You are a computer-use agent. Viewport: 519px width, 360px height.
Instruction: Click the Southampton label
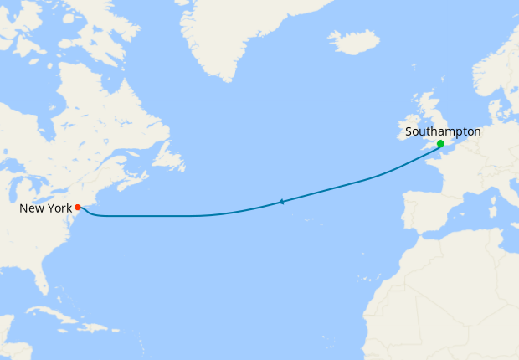443,131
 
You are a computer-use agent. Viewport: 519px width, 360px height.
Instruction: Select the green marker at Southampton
440,144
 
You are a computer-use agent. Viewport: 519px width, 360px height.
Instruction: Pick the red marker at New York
77,207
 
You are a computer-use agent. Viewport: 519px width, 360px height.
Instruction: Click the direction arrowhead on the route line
281,202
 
